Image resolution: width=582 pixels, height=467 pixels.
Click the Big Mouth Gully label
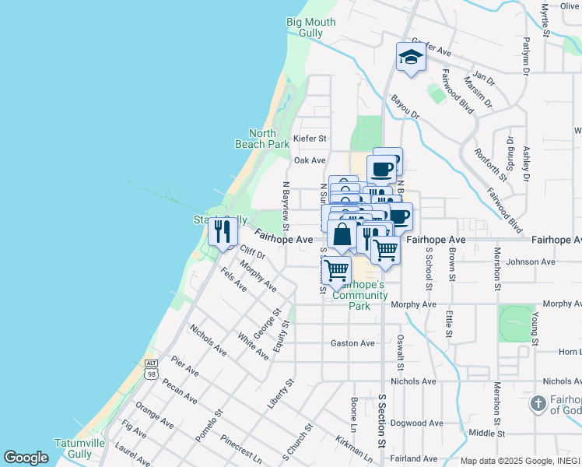310,28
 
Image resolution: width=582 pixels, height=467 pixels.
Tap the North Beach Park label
262,139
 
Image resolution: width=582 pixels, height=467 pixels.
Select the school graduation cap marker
411,57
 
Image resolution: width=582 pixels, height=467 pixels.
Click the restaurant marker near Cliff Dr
223,231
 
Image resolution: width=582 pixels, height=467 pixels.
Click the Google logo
26,458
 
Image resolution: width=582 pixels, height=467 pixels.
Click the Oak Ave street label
309,160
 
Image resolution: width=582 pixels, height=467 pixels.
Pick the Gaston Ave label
352,343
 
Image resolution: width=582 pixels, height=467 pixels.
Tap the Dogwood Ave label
417,423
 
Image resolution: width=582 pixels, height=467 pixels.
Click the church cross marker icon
538,403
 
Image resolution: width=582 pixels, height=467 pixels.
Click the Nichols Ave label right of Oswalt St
413,381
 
